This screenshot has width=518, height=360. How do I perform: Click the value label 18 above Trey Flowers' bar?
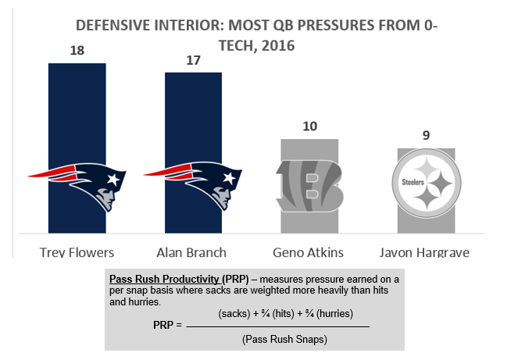pos(77,51)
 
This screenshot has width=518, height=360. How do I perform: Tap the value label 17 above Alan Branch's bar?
pos(193,60)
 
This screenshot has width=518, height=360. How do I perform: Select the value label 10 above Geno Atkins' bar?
pos(310,127)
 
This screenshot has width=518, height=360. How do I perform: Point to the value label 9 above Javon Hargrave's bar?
pos(426,135)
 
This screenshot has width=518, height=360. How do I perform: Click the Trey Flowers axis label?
pos(77,253)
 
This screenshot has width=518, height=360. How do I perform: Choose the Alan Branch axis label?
pos(191,253)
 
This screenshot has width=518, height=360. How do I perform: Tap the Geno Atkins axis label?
pos(309,253)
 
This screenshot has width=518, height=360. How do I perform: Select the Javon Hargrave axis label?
pos(424,253)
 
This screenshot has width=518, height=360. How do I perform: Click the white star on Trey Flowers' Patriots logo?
pos(113,180)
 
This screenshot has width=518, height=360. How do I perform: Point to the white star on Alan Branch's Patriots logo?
pos(229,178)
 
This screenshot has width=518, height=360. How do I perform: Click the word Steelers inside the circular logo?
pos(413,182)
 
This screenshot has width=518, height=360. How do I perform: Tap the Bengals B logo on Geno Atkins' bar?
pos(309,186)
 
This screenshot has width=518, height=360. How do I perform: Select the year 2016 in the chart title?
pos(278,46)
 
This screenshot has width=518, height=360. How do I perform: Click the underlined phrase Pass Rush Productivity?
pos(164,279)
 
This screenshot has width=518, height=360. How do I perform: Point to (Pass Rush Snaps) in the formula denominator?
pos(284,339)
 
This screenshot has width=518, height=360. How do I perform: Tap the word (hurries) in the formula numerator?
pos(334,313)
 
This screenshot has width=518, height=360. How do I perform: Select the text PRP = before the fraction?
pos(167,325)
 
